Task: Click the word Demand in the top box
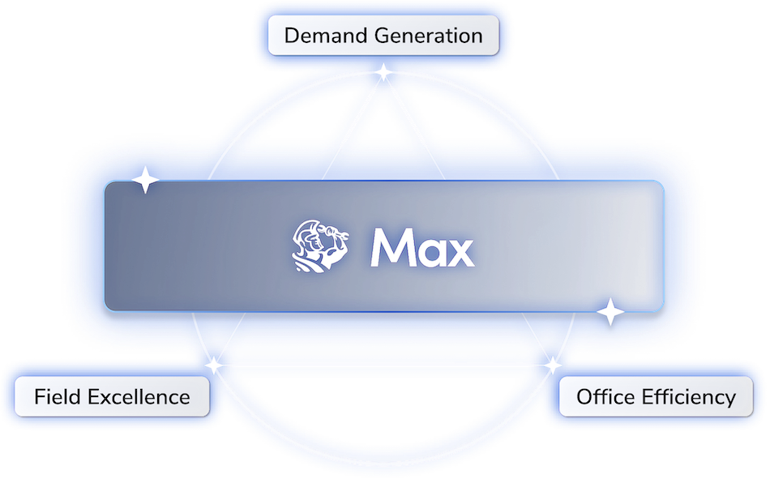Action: click(x=326, y=36)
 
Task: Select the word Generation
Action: click(x=429, y=36)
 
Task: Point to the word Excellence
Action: click(x=139, y=396)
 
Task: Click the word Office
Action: click(x=605, y=396)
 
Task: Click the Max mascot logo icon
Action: click(x=320, y=246)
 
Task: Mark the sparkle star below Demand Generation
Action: click(x=383, y=73)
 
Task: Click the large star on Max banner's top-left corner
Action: click(x=145, y=180)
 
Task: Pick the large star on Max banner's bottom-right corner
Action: click(x=610, y=312)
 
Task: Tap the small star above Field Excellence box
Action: click(x=214, y=365)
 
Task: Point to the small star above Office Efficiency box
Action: click(x=553, y=365)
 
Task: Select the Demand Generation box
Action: click(x=383, y=36)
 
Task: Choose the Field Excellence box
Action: click(x=112, y=396)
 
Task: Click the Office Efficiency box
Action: click(x=656, y=396)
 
